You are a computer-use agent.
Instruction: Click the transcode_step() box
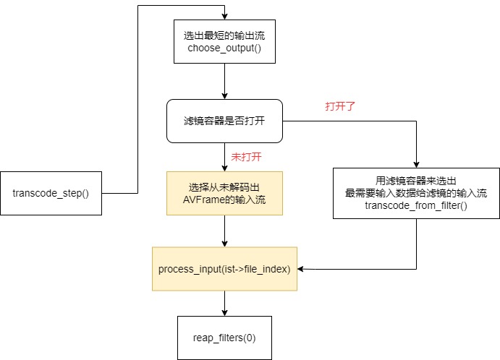51,194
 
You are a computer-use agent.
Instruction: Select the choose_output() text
225,48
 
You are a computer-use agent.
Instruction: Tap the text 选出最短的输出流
225,35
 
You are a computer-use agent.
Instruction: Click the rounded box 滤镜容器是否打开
225,121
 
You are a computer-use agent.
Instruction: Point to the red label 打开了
340,106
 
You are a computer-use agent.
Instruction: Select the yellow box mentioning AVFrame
225,193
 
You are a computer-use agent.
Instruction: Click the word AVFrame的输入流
225,200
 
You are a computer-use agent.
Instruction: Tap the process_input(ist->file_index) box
224,269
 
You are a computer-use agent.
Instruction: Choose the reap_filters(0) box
224,338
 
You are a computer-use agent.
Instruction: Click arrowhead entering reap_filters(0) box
225,312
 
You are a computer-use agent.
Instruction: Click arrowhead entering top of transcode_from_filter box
416,164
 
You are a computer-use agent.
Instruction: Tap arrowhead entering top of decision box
225,96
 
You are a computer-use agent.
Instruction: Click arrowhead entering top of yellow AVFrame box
225,168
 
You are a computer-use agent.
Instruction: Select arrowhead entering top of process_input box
225,244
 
